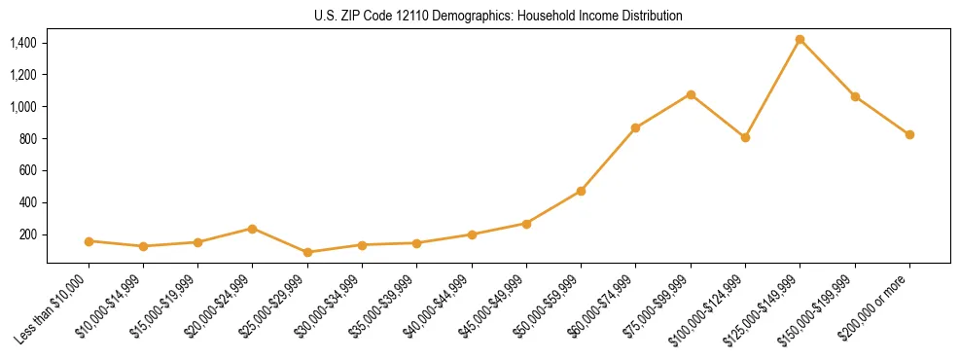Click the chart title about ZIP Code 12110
498,16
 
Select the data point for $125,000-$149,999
800,40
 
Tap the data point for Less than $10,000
89,240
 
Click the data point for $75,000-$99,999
691,94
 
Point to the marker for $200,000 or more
909,134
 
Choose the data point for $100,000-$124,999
745,137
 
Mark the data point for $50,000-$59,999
581,191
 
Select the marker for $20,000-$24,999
253,229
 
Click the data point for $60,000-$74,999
635,127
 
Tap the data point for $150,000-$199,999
855,96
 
